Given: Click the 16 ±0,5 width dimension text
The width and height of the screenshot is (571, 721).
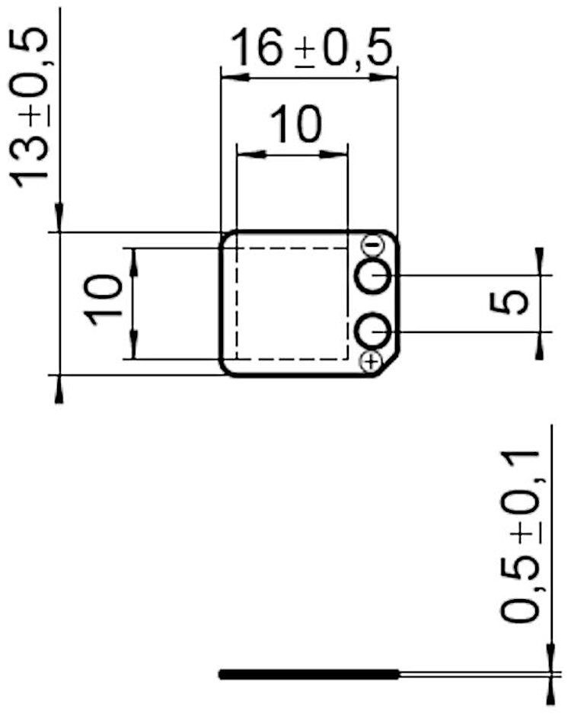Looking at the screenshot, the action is point(311,48).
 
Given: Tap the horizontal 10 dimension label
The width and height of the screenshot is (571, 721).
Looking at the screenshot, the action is point(295,123).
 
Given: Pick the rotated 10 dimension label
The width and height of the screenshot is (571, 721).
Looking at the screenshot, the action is point(103,300).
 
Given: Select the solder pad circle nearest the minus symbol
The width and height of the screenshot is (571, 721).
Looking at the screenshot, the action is point(374,276).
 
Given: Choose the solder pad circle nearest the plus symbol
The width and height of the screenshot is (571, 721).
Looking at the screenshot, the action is point(372,331).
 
